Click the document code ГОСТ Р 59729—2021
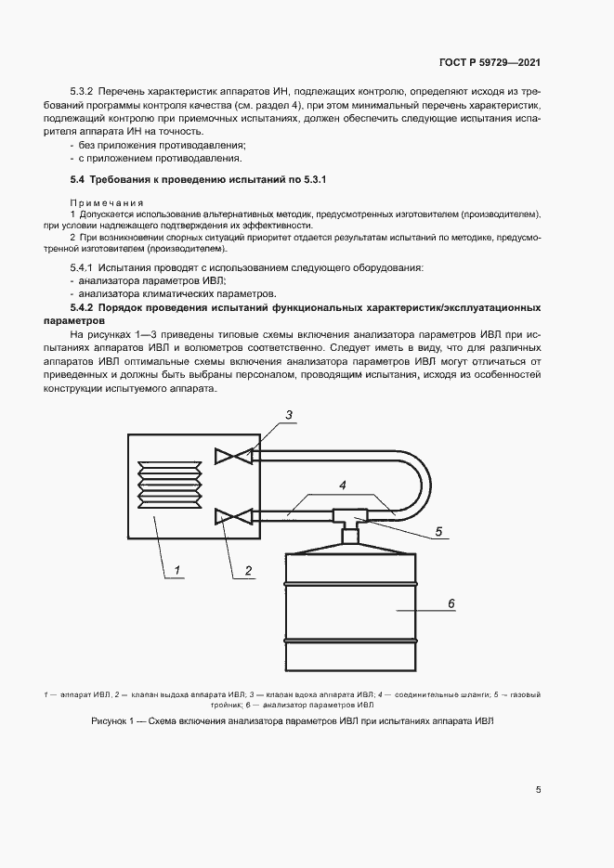[x=490, y=63]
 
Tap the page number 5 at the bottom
[x=539, y=790]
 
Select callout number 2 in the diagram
[x=249, y=570]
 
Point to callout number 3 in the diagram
[x=289, y=415]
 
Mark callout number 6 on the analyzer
[x=451, y=603]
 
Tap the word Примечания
[x=107, y=201]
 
